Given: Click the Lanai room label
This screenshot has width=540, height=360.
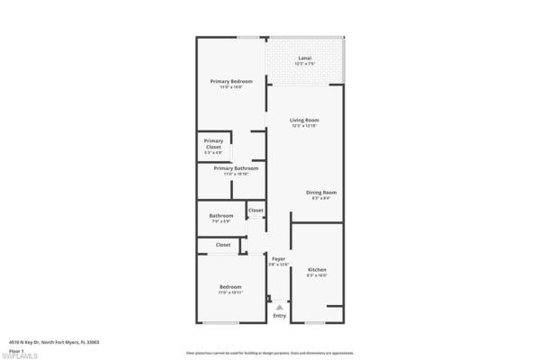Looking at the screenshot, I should pyautogui.click(x=305, y=58).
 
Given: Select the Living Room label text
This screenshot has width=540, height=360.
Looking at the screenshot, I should pyautogui.click(x=304, y=120).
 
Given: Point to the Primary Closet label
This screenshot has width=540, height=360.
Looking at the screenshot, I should pyautogui.click(x=213, y=140).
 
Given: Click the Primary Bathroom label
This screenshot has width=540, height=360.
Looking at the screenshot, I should pyautogui.click(x=236, y=168).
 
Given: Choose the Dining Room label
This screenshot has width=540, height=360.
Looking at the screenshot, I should pyautogui.click(x=320, y=193).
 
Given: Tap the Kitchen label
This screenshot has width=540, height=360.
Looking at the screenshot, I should pyautogui.click(x=317, y=270).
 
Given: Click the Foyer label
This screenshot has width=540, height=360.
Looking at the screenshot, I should pyautogui.click(x=279, y=259).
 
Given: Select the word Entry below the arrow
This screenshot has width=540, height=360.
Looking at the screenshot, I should pyautogui.click(x=279, y=316).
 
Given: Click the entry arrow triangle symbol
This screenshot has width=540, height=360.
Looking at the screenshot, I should pyautogui.click(x=279, y=307).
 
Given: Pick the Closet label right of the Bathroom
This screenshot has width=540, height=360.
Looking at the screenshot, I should pyautogui.click(x=256, y=211).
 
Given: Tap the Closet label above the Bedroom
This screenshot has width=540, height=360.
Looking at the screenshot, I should pyautogui.click(x=222, y=245).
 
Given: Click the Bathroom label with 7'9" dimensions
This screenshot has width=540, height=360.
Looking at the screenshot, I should pyautogui.click(x=221, y=215).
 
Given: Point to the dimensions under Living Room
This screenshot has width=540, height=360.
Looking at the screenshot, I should pyautogui.click(x=304, y=126).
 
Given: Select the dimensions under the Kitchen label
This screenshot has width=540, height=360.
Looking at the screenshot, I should pyautogui.click(x=317, y=276).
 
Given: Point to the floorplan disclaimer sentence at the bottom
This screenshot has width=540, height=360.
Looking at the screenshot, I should pyautogui.click(x=269, y=353).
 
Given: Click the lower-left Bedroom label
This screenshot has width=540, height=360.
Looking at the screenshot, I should pyautogui.click(x=230, y=287).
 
